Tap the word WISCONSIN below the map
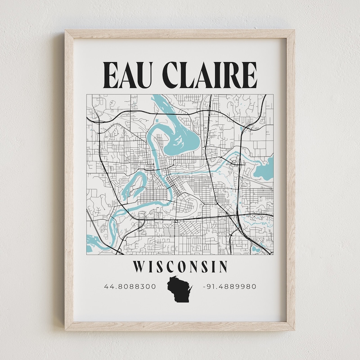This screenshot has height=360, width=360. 180,267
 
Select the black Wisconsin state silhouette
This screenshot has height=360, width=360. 180,290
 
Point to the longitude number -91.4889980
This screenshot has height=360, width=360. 229,286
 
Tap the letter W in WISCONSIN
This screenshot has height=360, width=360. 139,267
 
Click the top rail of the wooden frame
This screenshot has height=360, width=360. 180,34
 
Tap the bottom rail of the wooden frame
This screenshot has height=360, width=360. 180,326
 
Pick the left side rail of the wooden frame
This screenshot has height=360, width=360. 69,180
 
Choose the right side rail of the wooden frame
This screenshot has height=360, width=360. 291,180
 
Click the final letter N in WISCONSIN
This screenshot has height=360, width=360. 222,267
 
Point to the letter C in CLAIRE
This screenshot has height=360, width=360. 170,74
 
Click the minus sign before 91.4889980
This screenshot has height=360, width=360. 205,286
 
